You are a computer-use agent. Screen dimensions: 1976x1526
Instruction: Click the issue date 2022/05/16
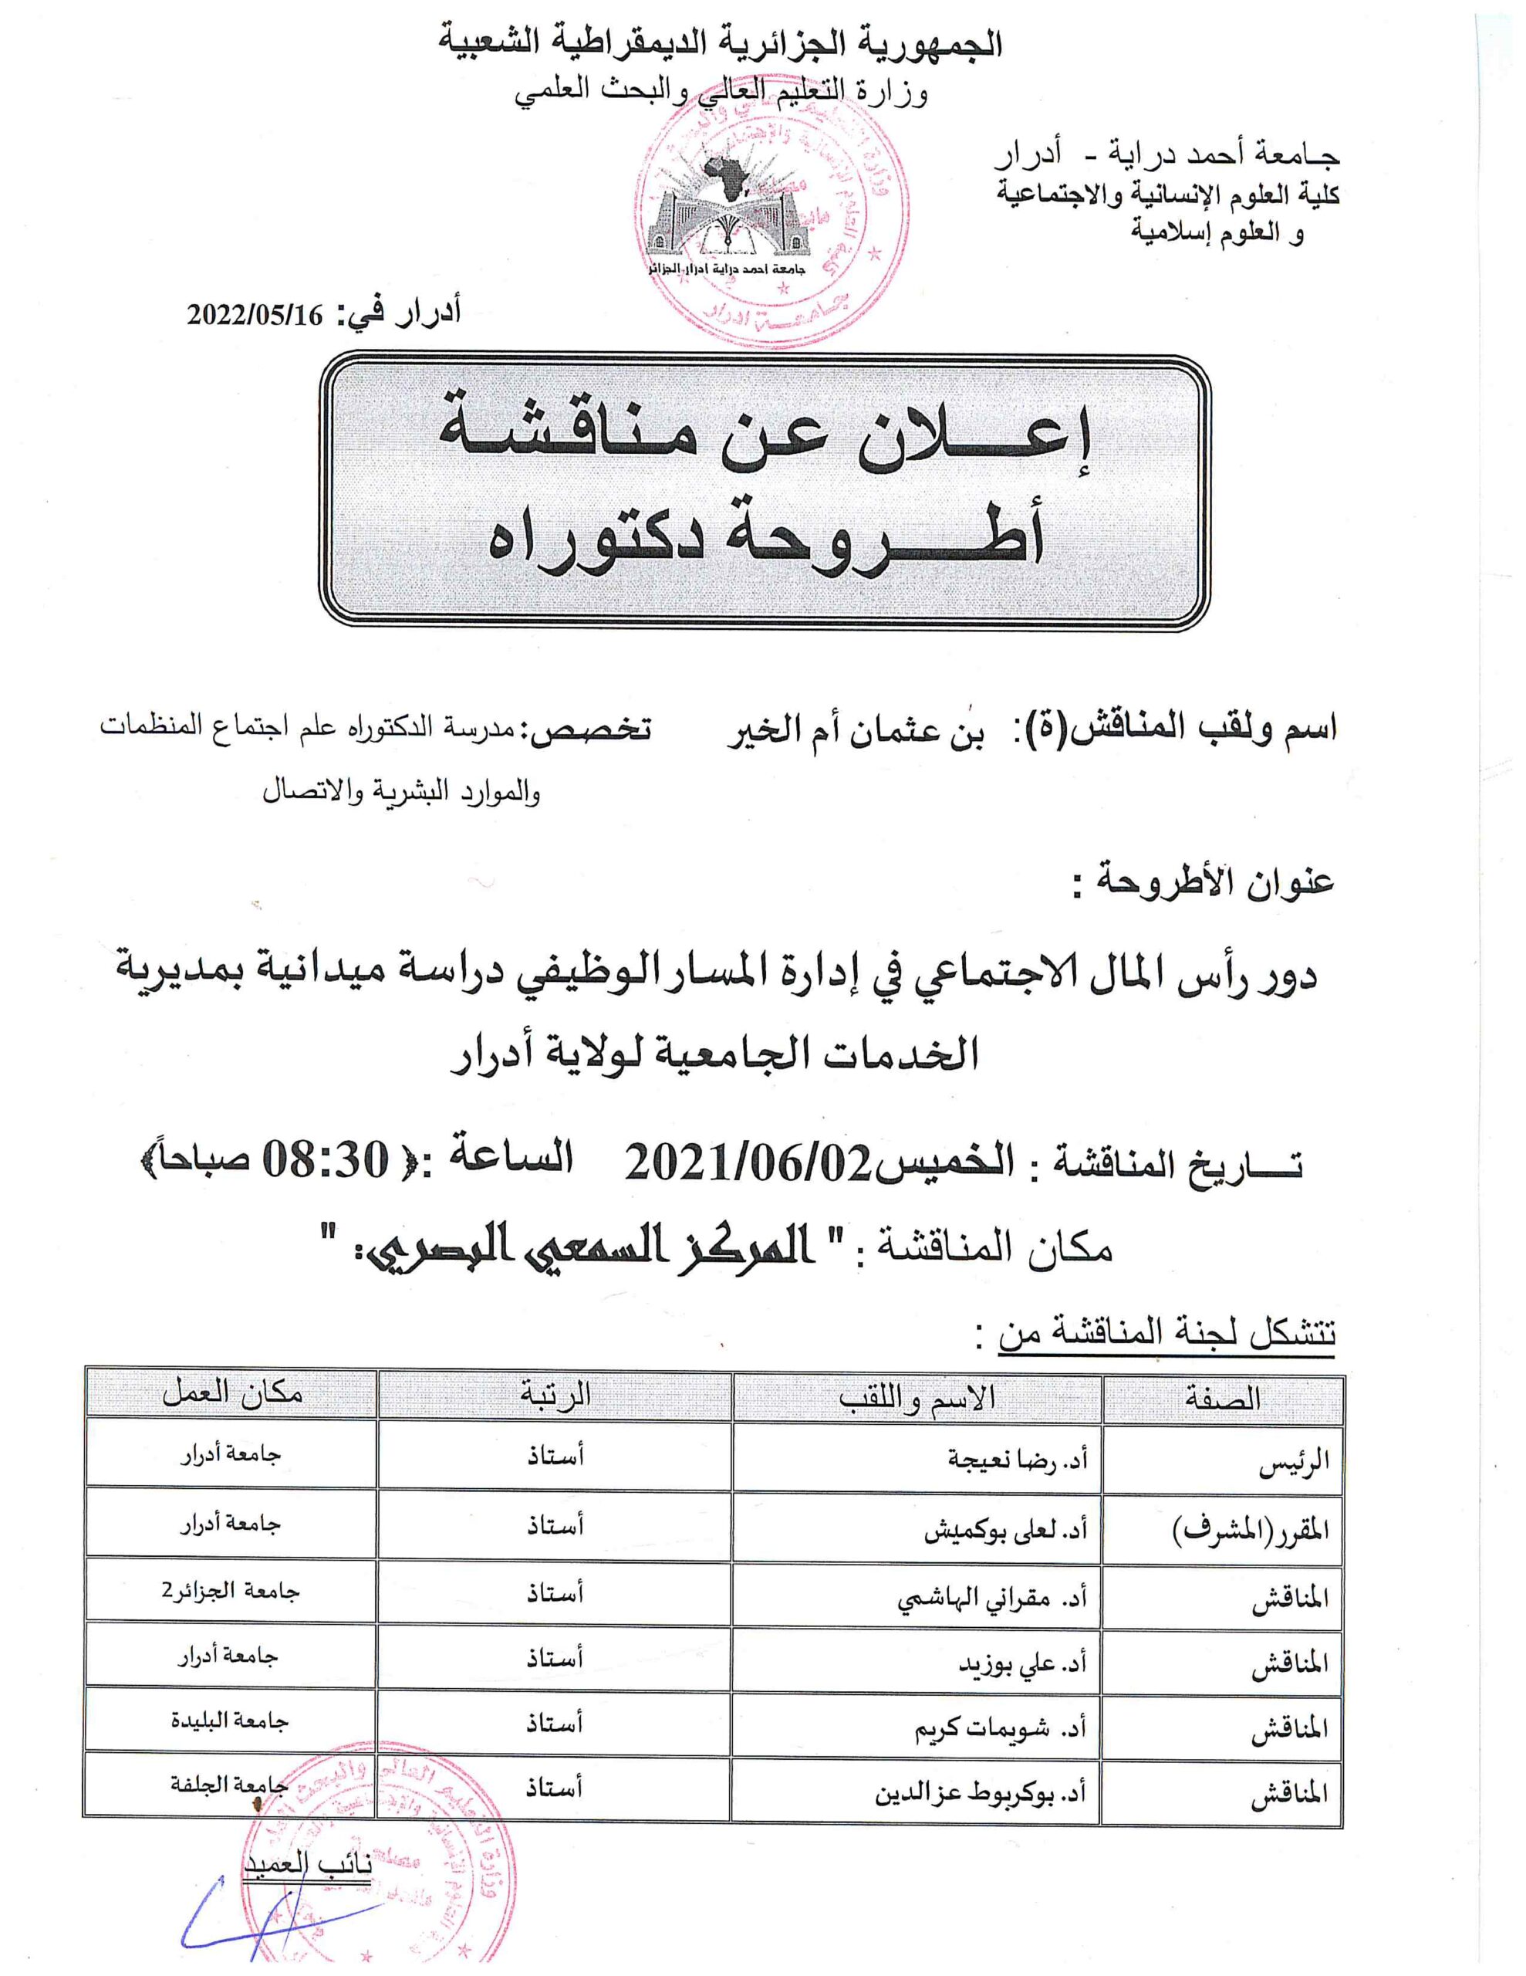pos(255,315)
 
